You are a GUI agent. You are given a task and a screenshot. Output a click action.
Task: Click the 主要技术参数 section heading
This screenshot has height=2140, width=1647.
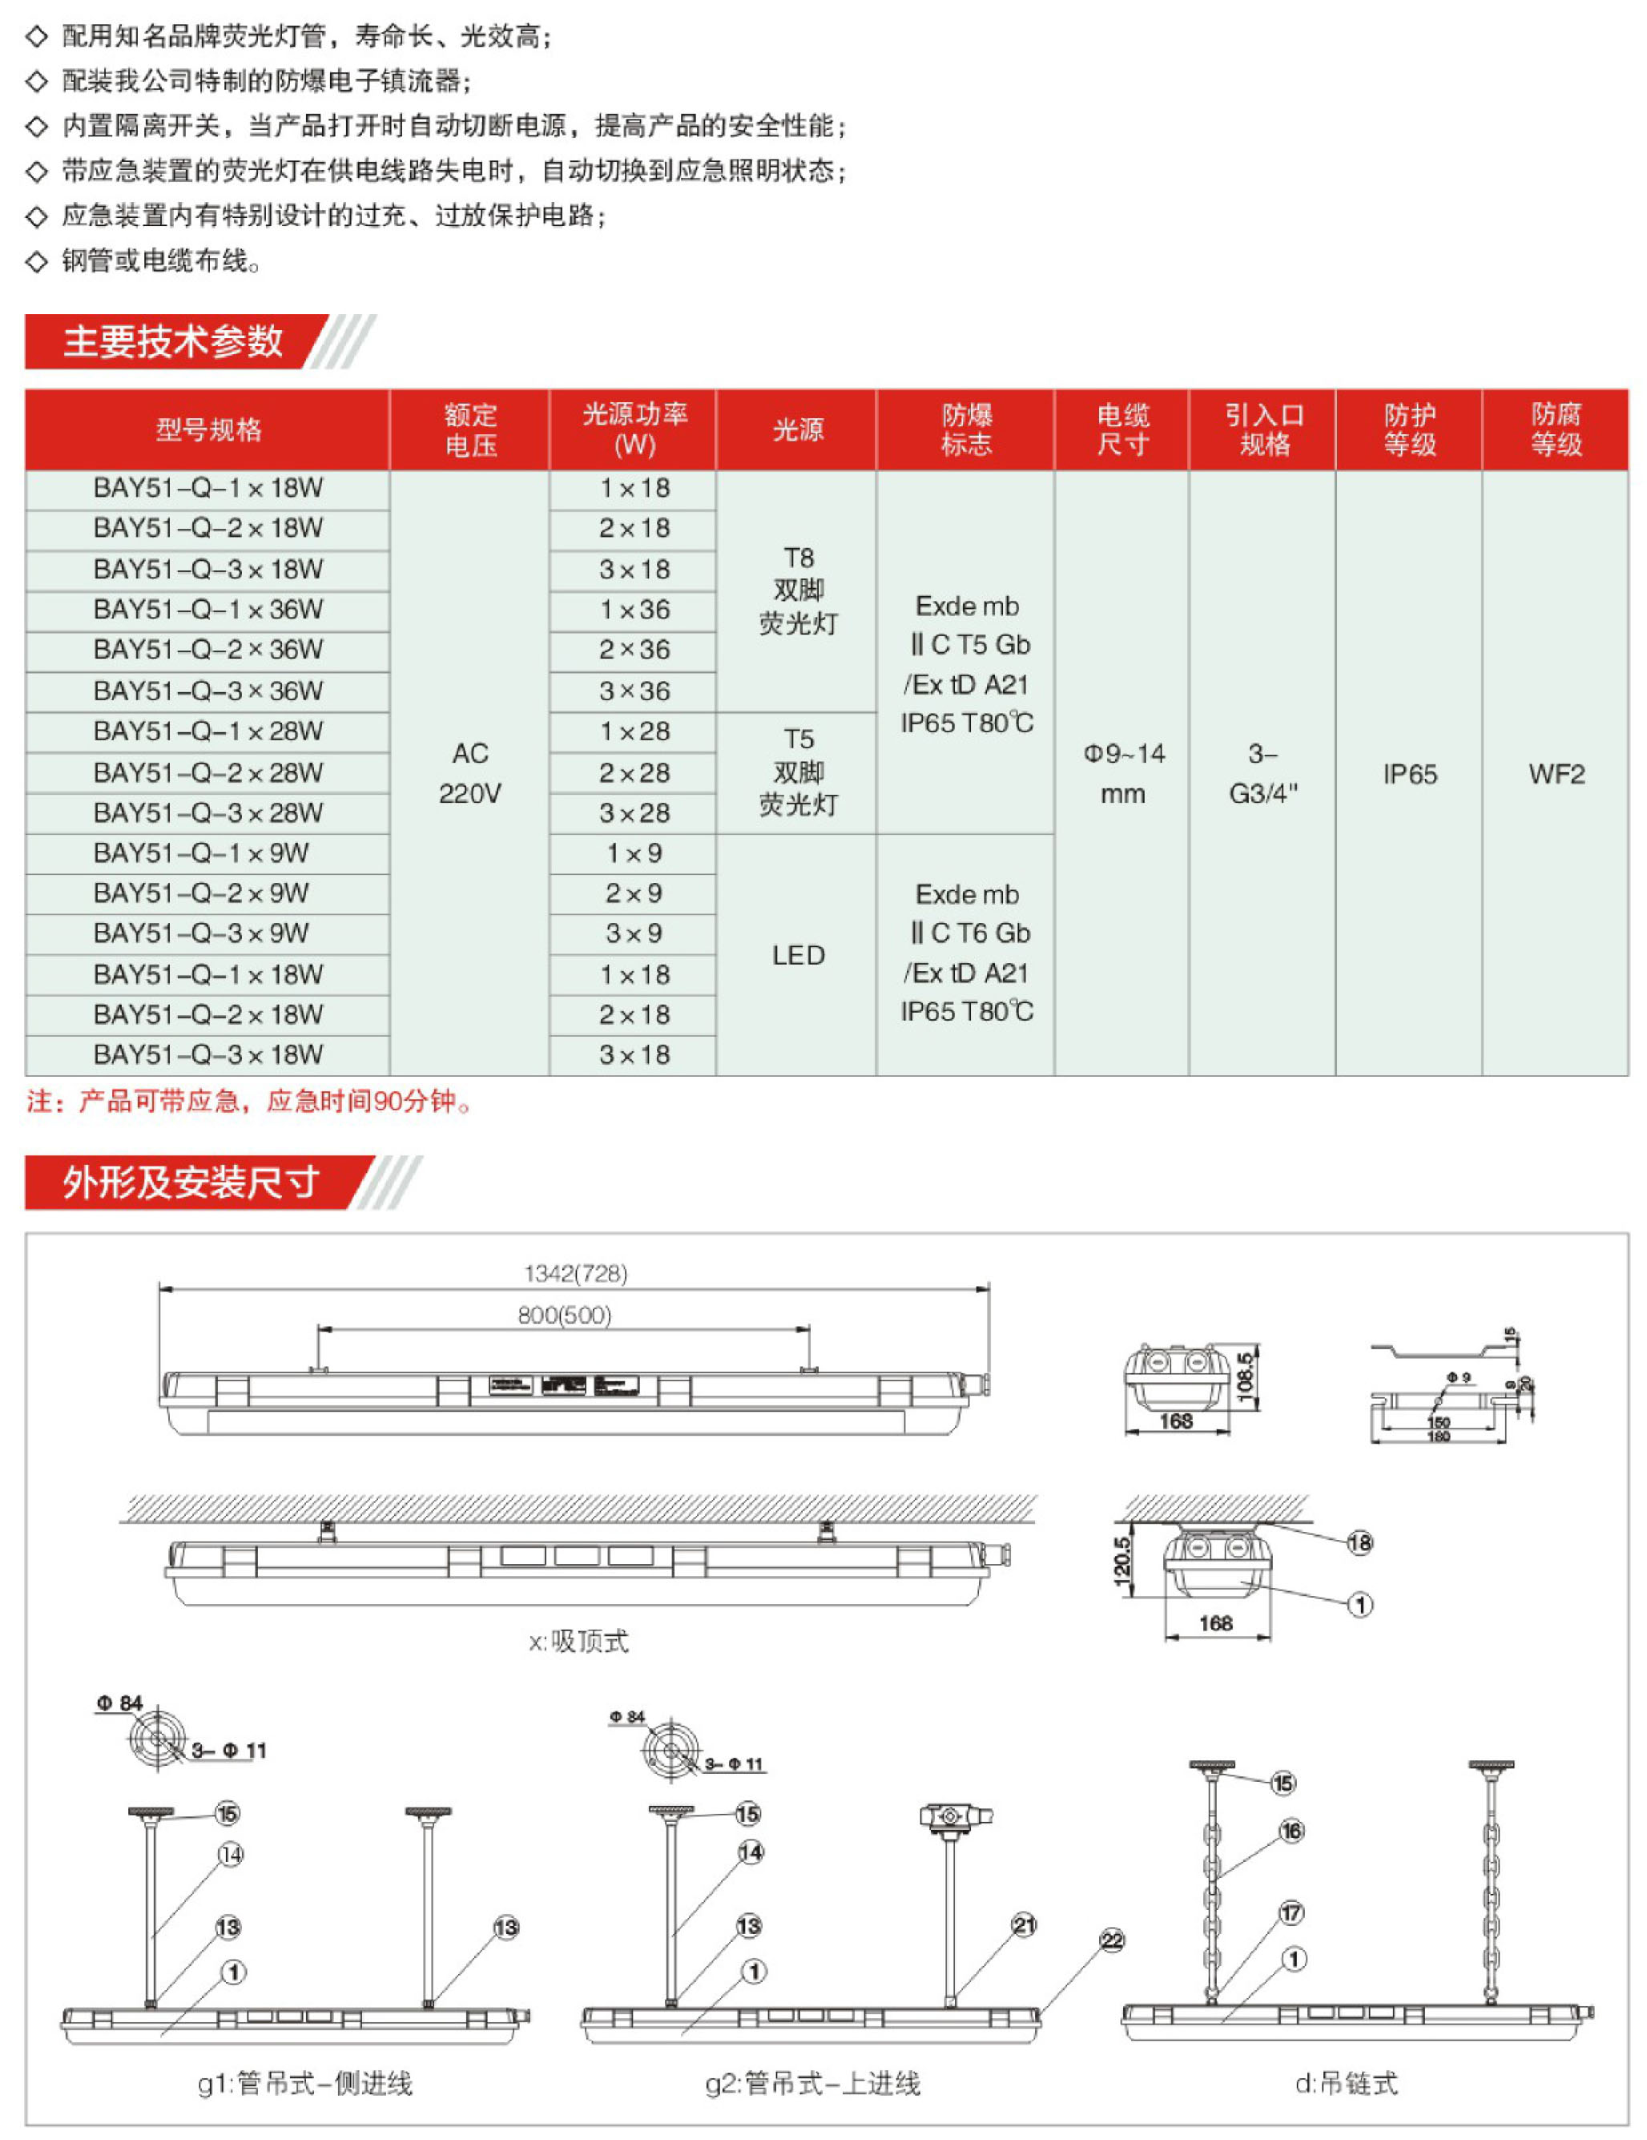point(172,341)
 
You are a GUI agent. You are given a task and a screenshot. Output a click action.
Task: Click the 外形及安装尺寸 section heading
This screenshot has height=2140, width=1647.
point(191,1182)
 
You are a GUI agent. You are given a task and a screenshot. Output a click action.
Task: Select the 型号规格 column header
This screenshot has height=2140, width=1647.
point(207,429)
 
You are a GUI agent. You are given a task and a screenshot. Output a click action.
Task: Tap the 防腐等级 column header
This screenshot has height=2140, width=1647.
point(1555,429)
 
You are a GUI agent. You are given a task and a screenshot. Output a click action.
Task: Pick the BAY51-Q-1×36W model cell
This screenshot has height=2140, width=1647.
point(207,610)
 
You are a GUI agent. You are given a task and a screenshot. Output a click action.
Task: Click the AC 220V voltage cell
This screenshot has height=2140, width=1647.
point(469,773)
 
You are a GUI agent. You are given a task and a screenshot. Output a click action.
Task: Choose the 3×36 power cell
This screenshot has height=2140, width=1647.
point(634,691)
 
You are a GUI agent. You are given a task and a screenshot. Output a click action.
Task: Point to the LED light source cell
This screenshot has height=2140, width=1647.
point(798,954)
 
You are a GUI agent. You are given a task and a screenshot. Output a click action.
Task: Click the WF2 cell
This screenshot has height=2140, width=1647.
point(1555,774)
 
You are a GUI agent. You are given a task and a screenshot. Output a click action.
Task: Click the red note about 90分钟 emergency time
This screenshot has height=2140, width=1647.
point(250,1102)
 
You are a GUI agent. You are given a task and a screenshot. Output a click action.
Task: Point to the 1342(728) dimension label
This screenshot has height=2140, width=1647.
point(575,1273)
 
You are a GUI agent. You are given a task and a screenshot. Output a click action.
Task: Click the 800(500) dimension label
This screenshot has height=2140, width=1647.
point(564,1315)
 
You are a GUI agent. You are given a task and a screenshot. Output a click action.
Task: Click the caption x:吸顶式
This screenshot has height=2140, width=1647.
point(578,1642)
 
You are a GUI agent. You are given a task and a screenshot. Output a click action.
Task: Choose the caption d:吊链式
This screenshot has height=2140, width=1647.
point(1347,2083)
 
